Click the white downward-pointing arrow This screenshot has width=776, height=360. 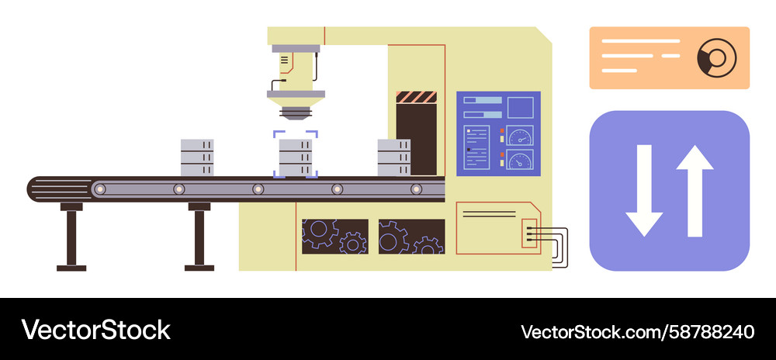click(644, 190)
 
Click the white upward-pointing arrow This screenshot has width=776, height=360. click(695, 190)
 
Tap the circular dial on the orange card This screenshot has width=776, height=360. click(716, 58)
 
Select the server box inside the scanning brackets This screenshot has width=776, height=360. click(296, 157)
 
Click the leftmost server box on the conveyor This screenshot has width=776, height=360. click(197, 157)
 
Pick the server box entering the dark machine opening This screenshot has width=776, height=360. click(394, 157)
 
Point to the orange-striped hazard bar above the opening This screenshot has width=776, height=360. click(416, 97)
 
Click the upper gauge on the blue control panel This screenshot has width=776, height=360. click(520, 136)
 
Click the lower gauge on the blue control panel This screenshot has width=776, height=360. click(520, 160)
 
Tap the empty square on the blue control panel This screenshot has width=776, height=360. click(521, 107)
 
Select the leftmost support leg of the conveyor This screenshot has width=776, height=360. click(71, 237)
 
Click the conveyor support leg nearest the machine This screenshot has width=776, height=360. click(199, 237)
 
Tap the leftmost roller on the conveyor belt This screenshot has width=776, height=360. click(100, 189)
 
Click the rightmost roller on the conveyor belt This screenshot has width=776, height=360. click(416, 189)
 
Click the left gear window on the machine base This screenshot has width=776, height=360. click(335, 237)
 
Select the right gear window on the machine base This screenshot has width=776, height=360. click(412, 237)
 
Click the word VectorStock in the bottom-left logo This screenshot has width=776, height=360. click(95, 330)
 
